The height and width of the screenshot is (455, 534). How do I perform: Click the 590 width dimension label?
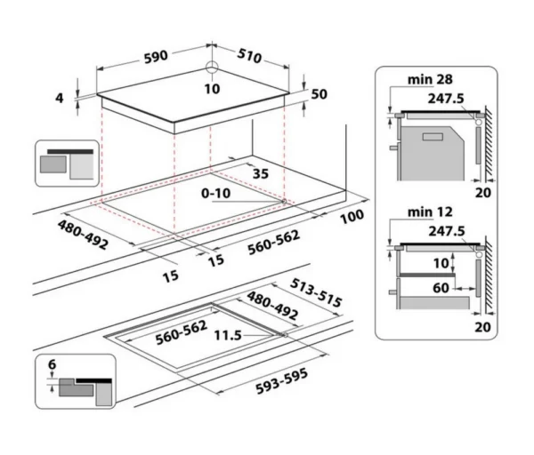click(x=156, y=57)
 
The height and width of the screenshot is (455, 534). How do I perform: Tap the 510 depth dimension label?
click(x=249, y=56)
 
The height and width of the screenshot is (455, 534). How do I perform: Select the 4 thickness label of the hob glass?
click(x=60, y=98)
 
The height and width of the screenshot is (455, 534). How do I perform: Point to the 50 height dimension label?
click(x=320, y=94)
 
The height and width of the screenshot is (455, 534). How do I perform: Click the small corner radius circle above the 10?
click(x=212, y=67)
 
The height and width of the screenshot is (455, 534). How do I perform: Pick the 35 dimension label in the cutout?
click(x=261, y=174)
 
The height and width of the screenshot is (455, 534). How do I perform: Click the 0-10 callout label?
click(x=216, y=193)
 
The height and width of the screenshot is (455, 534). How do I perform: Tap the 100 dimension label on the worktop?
click(x=352, y=217)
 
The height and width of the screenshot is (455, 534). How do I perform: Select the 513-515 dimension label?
click(x=316, y=292)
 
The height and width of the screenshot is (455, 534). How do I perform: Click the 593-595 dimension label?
click(x=281, y=381)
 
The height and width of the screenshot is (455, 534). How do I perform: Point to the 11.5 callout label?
click(x=228, y=336)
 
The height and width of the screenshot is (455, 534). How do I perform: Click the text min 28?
click(x=430, y=80)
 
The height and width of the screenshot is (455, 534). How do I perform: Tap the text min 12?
click(x=430, y=212)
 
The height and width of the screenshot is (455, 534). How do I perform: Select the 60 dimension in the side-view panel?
click(x=441, y=288)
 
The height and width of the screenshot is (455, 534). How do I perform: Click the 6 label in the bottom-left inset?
click(x=53, y=364)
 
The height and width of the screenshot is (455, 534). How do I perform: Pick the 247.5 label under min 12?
click(x=447, y=231)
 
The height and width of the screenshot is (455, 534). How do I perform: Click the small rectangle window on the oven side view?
click(x=433, y=137)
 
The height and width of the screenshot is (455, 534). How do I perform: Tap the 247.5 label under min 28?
click(x=446, y=99)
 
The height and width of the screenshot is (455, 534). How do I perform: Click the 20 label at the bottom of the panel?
click(x=483, y=327)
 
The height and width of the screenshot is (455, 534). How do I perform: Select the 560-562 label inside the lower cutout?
click(x=182, y=332)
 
